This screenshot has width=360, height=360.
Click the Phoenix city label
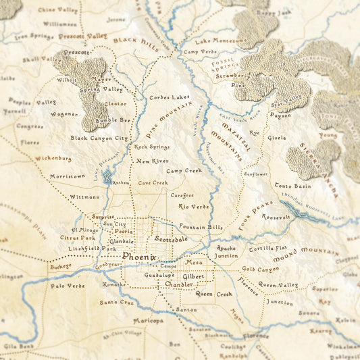pos(139,257)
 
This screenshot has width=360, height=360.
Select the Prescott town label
pos(76,52)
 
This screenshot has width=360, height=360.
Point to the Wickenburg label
pos(53,159)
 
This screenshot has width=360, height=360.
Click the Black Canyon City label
pos(99,138)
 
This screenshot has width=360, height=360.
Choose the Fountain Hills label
pos(201,227)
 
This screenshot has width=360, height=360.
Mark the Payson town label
pos(280,115)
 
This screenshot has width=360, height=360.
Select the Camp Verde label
pos(200,51)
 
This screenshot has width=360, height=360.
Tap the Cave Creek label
pos(153,182)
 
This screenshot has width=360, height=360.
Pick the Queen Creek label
pos(213,294)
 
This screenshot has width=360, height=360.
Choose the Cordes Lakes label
pos(170,97)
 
